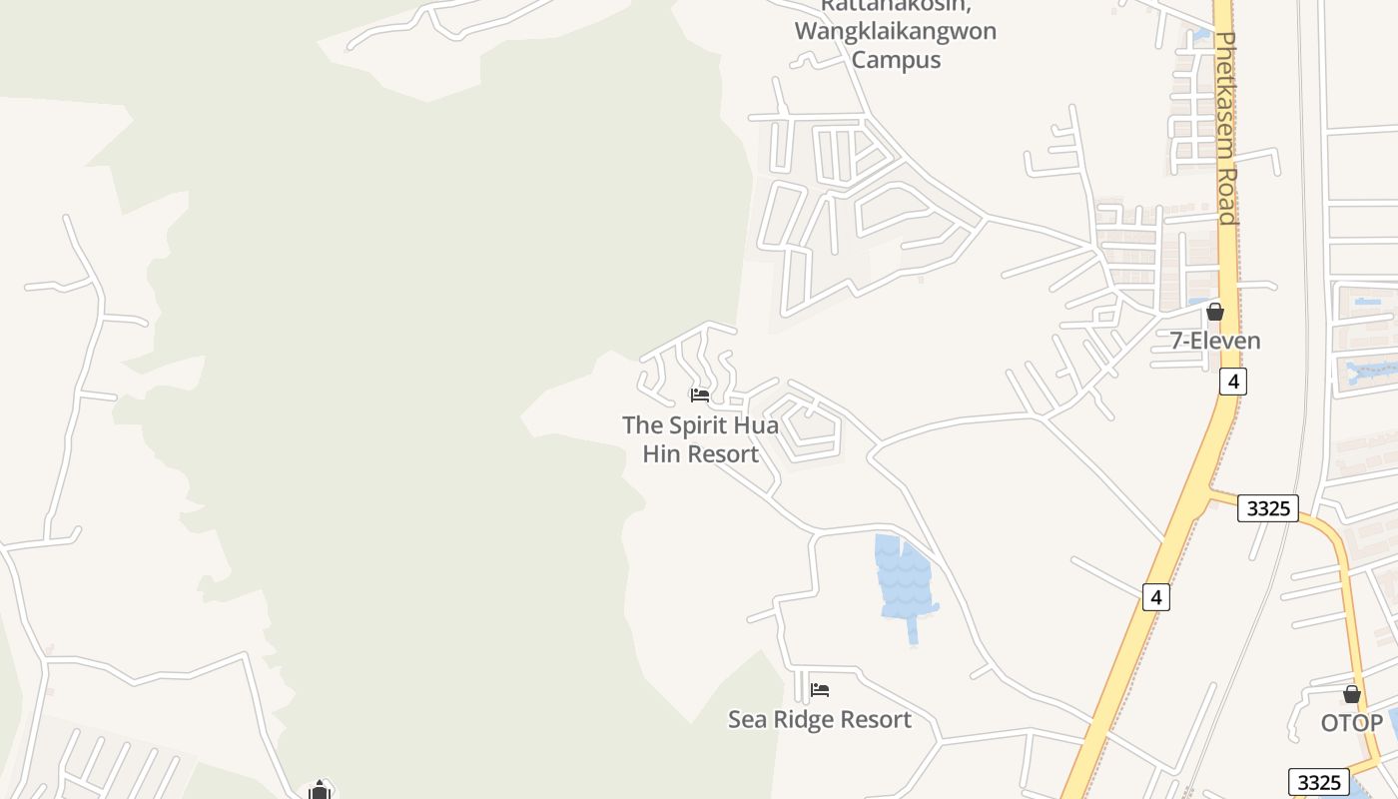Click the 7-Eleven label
[1215, 341]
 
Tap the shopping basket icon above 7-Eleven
[1215, 312]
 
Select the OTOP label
[1352, 723]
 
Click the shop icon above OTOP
[1352, 694]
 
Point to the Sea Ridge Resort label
[819, 719]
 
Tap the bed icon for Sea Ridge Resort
[820, 689]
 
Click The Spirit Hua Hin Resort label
[700, 439]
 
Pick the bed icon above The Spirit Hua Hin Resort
[700, 395]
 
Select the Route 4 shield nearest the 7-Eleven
[1233, 382]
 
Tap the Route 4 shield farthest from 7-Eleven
[1156, 597]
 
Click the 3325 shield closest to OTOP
[1319, 781]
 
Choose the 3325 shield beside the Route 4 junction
[1268, 508]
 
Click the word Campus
[896, 59]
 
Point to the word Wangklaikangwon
[896, 31]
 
